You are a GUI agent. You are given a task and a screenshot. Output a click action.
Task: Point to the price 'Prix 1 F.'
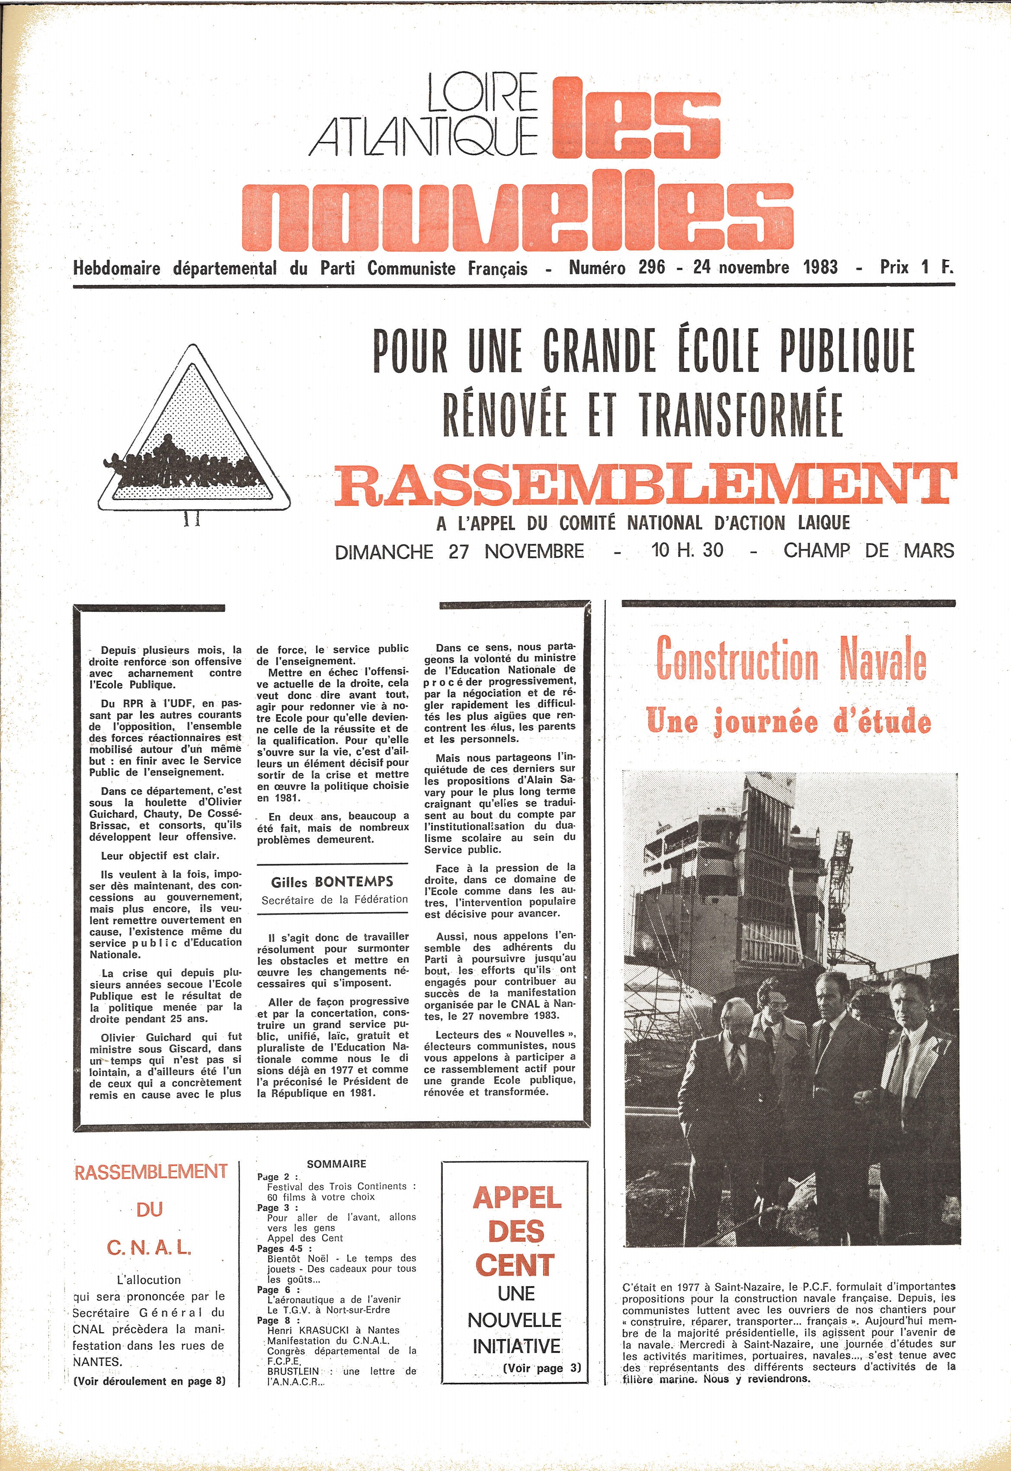click(x=916, y=267)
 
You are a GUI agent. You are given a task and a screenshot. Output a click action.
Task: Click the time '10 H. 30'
click(x=687, y=550)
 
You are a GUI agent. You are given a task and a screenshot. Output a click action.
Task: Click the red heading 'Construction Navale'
click(x=790, y=661)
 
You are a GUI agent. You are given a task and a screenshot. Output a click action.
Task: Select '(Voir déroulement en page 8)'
click(x=150, y=1381)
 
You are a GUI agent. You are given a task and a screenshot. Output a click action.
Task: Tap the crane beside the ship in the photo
click(x=841, y=874)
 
